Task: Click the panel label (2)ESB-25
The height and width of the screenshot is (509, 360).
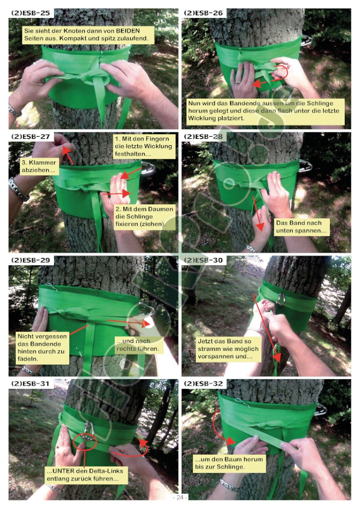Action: click(31, 13)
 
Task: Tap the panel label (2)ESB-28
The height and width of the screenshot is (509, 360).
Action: click(203, 136)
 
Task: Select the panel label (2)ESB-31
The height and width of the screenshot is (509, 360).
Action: click(31, 383)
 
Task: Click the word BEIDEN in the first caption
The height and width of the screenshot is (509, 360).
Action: click(128, 31)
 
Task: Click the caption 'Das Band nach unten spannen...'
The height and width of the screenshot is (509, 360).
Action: click(301, 226)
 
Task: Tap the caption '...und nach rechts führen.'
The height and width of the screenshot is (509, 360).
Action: click(138, 345)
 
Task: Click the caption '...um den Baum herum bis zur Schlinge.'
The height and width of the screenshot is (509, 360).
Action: click(229, 463)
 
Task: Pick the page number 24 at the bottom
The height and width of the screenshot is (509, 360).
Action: click(180, 497)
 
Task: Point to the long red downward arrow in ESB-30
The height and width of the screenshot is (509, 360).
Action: click(266, 328)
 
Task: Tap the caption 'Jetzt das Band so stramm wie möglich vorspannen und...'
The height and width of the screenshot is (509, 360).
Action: click(229, 349)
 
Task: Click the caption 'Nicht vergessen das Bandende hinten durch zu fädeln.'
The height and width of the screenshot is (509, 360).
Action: click(42, 348)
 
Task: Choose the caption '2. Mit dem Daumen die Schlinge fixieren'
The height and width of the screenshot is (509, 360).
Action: click(144, 216)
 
